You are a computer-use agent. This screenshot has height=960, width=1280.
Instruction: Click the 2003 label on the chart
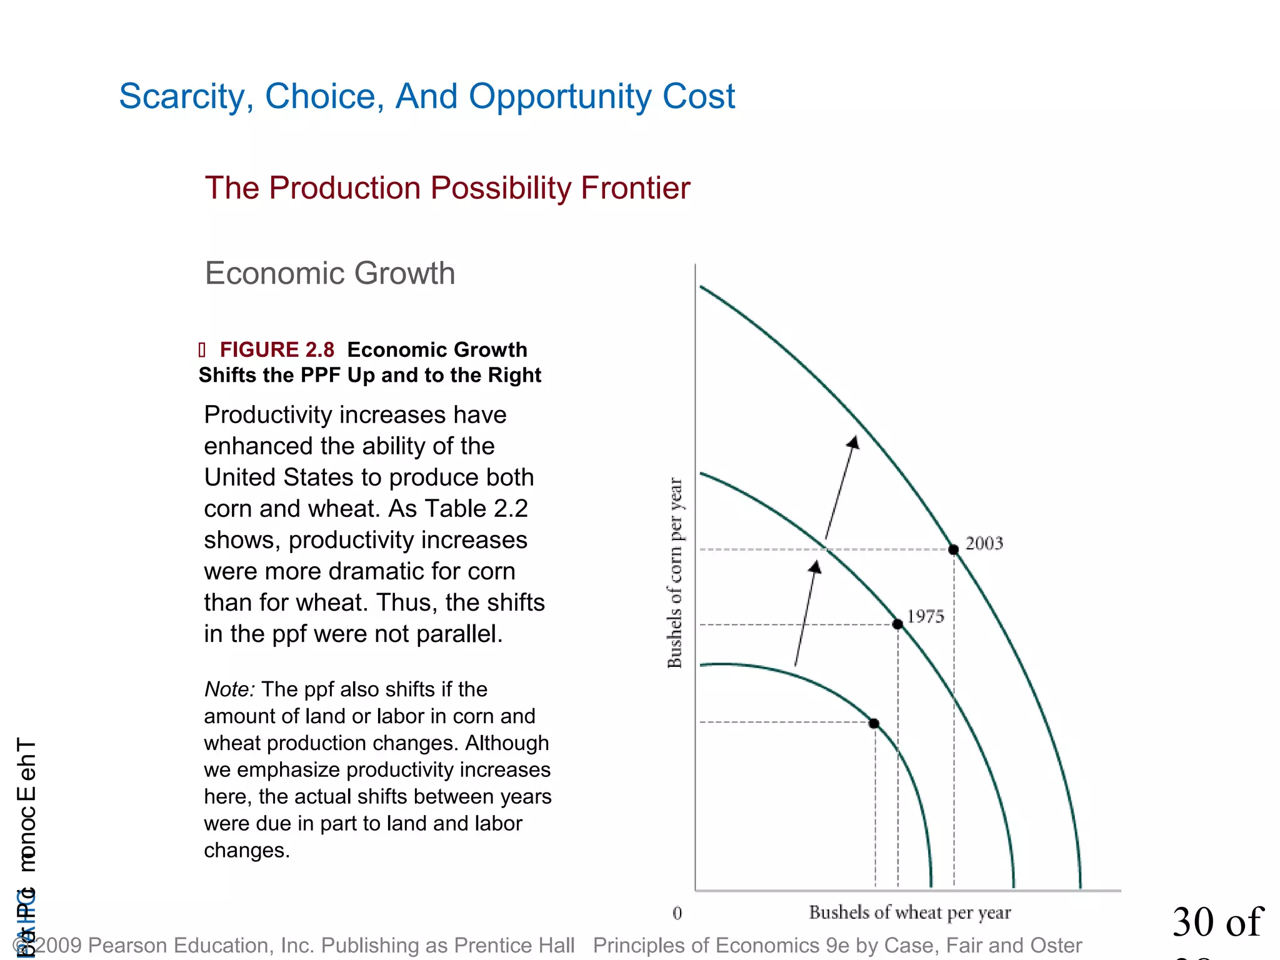(984, 543)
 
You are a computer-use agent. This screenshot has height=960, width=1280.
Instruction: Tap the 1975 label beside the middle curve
(925, 617)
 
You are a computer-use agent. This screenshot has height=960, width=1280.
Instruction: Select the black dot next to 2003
(953, 550)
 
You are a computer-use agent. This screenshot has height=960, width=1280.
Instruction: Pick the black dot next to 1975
(897, 624)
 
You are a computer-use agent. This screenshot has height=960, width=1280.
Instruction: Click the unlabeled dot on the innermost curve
(874, 723)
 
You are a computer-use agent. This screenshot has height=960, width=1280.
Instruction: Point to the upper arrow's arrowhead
(854, 442)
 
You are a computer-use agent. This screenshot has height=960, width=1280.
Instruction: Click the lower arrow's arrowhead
(815, 567)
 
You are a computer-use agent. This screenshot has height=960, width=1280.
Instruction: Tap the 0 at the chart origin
(677, 913)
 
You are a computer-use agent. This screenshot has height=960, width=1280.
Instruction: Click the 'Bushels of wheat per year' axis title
(909, 912)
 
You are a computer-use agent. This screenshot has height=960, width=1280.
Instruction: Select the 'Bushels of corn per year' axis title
(675, 572)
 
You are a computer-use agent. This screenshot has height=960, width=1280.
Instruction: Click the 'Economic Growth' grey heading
(330, 273)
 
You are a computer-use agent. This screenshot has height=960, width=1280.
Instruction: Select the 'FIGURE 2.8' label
(277, 349)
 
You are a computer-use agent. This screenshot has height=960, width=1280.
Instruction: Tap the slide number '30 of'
(1217, 922)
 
